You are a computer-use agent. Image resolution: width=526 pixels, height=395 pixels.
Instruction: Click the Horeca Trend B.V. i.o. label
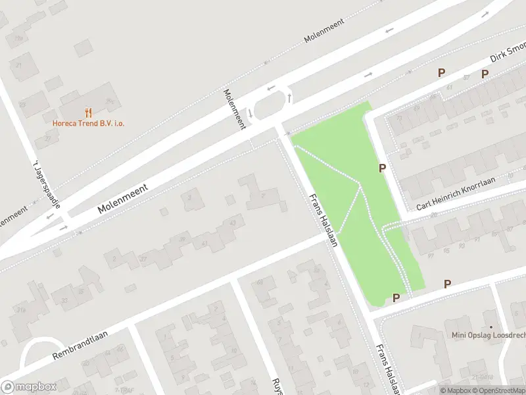pos(89,123)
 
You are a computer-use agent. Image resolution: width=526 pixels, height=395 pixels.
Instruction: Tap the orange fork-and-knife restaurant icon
pos(89,113)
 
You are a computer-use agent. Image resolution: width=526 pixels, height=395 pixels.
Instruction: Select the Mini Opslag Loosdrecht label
pos(489,335)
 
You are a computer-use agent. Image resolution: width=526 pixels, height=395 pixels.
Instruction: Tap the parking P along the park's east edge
pos(382,169)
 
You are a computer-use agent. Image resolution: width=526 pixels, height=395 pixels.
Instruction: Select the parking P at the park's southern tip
pos(396,298)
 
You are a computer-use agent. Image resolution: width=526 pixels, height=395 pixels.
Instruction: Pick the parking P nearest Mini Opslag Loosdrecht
pos(447,284)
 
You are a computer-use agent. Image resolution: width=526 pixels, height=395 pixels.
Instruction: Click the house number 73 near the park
pos(399,119)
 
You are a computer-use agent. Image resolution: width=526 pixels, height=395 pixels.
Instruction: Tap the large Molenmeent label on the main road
pos(123,198)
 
